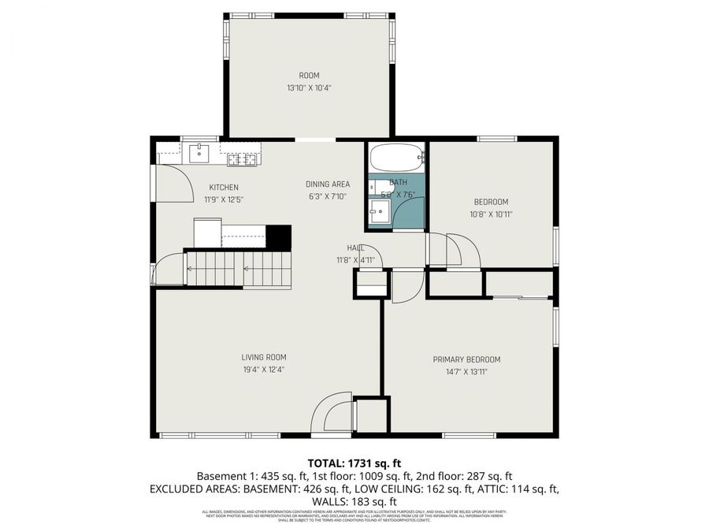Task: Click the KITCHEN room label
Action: click(x=223, y=187)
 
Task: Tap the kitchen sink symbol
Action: click(x=200, y=152)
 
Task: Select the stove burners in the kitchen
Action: click(x=243, y=159)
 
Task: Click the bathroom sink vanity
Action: click(x=380, y=211)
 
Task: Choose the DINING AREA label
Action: click(x=328, y=184)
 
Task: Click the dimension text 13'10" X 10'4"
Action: click(x=309, y=88)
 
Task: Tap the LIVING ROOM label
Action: click(x=263, y=357)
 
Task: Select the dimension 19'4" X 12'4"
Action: click(x=263, y=369)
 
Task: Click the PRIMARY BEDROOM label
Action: click(x=466, y=359)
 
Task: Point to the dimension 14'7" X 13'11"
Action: click(x=466, y=371)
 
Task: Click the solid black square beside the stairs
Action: click(x=279, y=236)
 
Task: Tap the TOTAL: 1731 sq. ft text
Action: click(x=354, y=463)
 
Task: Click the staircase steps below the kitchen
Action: click(x=236, y=269)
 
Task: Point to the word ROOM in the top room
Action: click(x=309, y=76)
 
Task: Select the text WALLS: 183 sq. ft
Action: click(x=354, y=501)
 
